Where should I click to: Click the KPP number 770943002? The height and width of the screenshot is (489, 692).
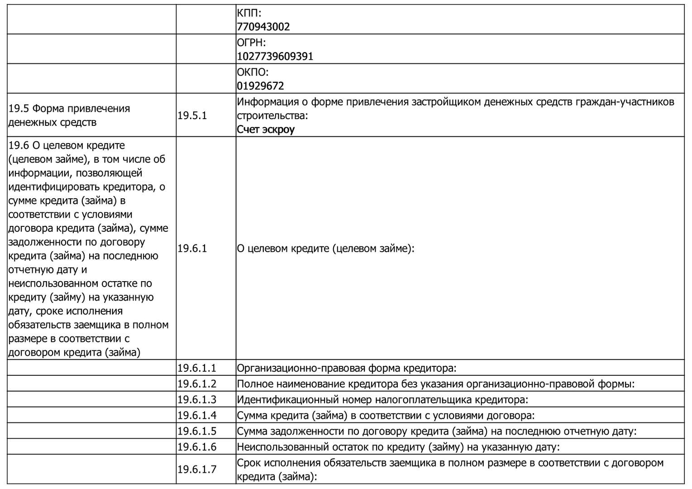(x=263, y=27)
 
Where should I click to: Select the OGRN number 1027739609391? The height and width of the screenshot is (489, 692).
(x=275, y=57)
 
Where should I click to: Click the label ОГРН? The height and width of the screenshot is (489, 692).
(x=251, y=43)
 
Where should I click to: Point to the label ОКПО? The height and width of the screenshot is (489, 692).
(x=253, y=72)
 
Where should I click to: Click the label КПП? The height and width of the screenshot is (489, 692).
(x=249, y=13)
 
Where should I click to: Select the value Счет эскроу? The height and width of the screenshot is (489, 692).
(x=266, y=129)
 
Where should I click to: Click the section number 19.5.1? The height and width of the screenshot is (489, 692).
(x=192, y=115)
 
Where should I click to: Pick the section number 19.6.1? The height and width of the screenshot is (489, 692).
(x=192, y=249)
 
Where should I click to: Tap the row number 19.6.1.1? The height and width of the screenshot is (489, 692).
(x=197, y=368)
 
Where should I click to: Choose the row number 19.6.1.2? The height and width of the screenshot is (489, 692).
(x=197, y=384)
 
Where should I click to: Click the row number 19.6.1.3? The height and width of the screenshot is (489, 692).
(x=197, y=400)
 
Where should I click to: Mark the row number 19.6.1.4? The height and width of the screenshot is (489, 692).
(x=197, y=416)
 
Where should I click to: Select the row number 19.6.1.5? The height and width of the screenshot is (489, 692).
(x=197, y=431)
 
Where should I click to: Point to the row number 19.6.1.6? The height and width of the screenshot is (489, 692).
(x=197, y=447)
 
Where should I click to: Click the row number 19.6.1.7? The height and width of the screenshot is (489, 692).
(x=197, y=470)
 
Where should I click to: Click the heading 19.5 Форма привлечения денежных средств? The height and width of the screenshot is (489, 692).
(x=69, y=115)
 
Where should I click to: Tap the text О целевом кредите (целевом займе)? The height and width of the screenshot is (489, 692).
(x=326, y=249)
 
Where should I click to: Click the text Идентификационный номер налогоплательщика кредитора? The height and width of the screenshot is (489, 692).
(x=383, y=400)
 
